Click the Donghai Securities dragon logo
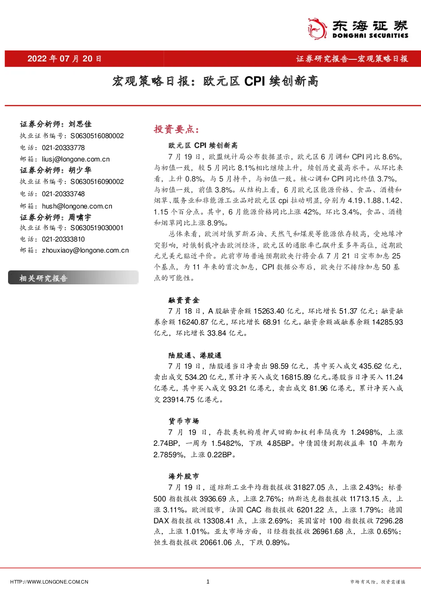click(x=317, y=29)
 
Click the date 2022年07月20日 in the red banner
click(x=64, y=58)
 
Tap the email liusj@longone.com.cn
click(x=76, y=159)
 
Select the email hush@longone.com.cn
click(x=77, y=206)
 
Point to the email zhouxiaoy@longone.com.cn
click(x=85, y=250)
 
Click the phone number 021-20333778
click(x=63, y=147)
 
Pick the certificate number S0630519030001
click(x=97, y=228)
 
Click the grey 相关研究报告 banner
click(x=73, y=278)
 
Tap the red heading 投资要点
click(x=176, y=129)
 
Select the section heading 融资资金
click(x=184, y=300)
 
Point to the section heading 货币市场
click(x=184, y=421)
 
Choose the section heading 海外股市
click(x=184, y=476)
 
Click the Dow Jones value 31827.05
click(x=309, y=487)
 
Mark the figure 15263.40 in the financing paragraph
click(x=269, y=311)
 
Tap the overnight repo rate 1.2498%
click(x=365, y=432)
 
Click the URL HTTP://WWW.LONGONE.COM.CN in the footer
click(x=49, y=582)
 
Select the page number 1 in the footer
click(x=208, y=581)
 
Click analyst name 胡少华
click(x=80, y=170)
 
